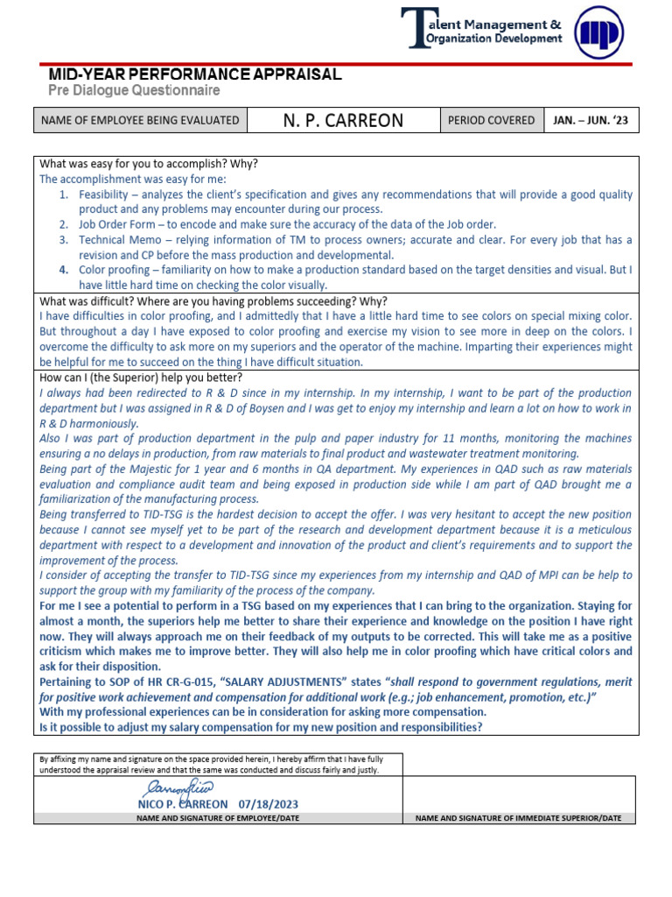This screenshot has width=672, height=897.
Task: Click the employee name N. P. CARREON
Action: pyautogui.click(x=343, y=120)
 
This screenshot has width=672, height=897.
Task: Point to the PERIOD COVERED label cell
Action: pyautogui.click(x=491, y=120)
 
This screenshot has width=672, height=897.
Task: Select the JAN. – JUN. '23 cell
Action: pyautogui.click(x=591, y=120)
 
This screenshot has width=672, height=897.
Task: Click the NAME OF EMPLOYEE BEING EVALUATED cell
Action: pyautogui.click(x=140, y=120)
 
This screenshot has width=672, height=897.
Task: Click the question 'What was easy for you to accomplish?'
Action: pyautogui.click(x=149, y=164)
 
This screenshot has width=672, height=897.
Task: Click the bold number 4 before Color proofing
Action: pyautogui.click(x=64, y=270)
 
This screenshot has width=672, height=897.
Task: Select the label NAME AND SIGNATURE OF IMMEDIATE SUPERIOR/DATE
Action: pyautogui.click(x=518, y=817)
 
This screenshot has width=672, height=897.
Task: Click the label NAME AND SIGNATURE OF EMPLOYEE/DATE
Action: pyautogui.click(x=218, y=817)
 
